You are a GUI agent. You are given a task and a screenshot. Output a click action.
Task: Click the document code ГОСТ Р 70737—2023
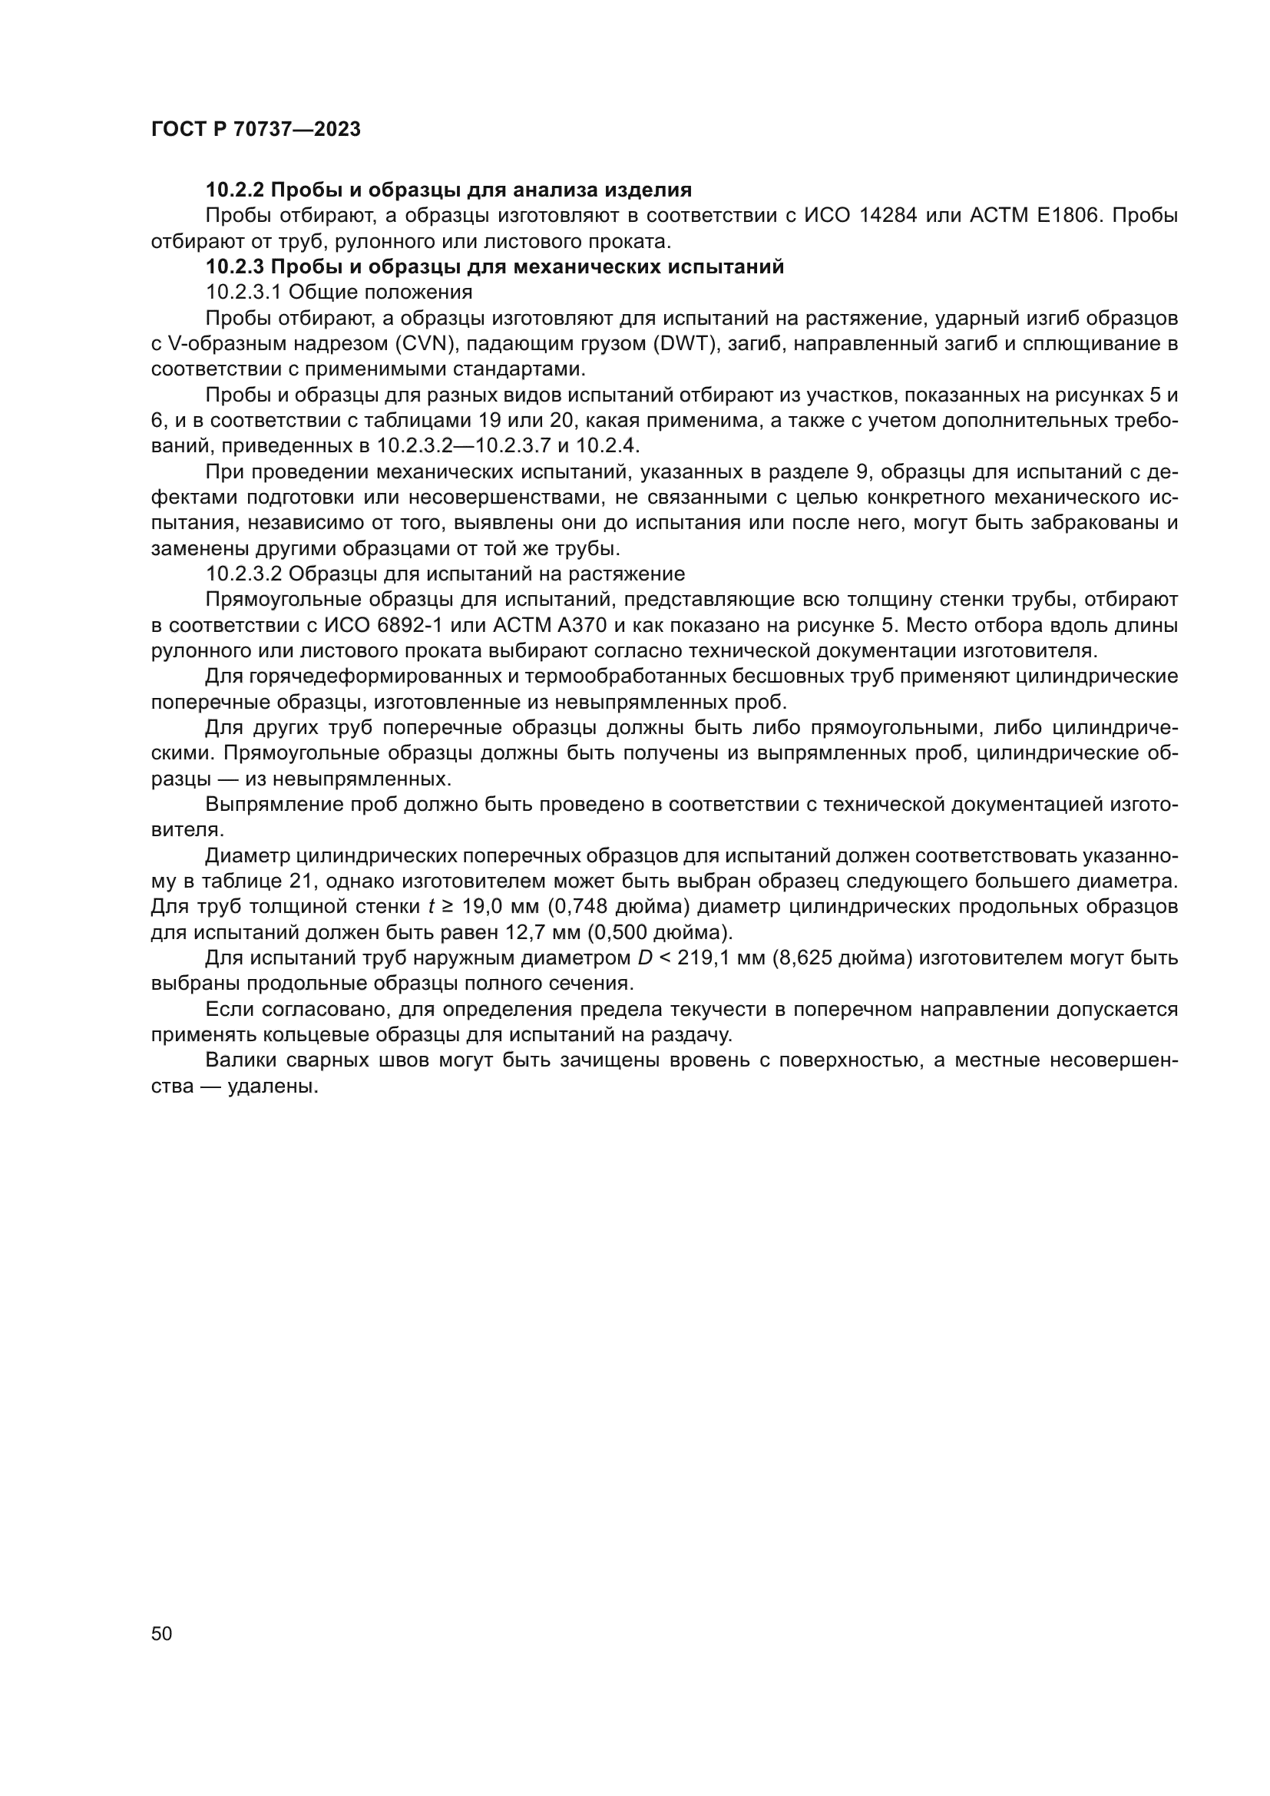click(x=256, y=130)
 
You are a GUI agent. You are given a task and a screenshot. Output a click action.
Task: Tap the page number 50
click(x=161, y=1634)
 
